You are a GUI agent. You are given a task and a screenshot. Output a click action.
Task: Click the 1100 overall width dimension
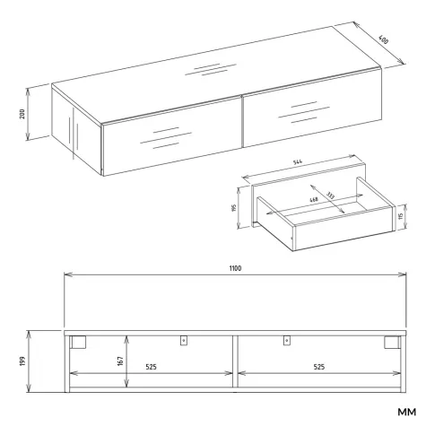[x=235, y=268]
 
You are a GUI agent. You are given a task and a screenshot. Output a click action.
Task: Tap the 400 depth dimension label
[x=384, y=39]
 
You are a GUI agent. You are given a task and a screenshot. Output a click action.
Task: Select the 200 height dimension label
[x=22, y=114]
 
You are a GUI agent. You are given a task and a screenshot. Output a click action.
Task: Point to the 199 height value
[x=22, y=361]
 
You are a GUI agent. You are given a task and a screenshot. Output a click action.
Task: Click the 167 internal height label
[x=120, y=361]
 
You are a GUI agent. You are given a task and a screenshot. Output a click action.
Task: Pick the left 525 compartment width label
[x=151, y=367]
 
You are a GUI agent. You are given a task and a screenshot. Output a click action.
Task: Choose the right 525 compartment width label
[x=319, y=367]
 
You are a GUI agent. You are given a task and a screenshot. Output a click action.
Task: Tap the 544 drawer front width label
[x=298, y=162]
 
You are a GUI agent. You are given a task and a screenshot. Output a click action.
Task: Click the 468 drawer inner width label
[x=314, y=199]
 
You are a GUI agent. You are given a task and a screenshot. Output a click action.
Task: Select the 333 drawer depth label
[x=330, y=196]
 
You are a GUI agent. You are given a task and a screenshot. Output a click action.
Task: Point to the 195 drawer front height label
[x=234, y=207]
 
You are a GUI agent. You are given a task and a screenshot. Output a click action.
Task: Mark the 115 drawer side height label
[x=401, y=216]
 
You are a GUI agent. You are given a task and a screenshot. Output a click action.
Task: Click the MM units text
[x=406, y=412]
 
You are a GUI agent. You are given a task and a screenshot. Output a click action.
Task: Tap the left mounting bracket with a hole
[x=184, y=341]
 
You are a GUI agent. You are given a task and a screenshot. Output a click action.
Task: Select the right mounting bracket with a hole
[x=287, y=341]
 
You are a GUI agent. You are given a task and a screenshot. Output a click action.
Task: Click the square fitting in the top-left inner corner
[x=78, y=342]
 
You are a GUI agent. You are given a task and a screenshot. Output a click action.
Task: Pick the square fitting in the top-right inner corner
[x=392, y=342]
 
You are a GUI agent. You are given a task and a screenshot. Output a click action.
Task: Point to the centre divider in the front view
[x=235, y=363]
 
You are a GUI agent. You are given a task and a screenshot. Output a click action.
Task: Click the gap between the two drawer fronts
[x=242, y=122]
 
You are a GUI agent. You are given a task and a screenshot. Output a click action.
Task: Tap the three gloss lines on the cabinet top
[x=211, y=69]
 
